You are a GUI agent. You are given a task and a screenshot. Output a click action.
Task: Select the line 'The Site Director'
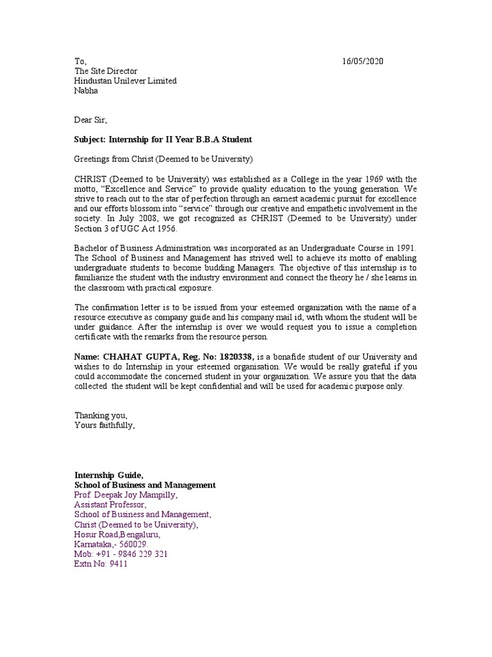106,71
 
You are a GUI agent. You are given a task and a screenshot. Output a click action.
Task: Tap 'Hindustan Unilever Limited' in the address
126,81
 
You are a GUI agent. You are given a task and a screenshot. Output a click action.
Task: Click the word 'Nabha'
86,90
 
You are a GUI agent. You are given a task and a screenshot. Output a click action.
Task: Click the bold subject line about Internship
163,139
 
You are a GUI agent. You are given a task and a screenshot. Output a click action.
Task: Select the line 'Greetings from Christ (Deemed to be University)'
164,158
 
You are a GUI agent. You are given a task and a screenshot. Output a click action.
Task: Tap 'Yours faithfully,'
105,425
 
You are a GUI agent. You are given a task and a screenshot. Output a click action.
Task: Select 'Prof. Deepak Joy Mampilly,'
126,495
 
